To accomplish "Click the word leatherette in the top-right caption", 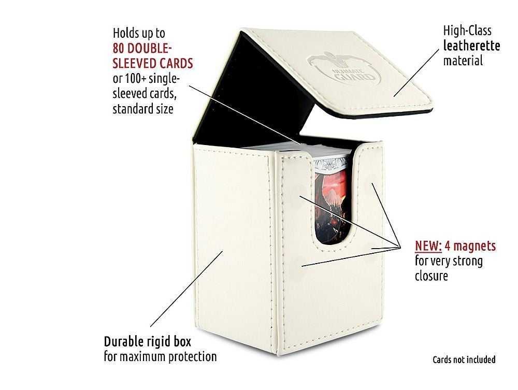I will [x=471, y=46].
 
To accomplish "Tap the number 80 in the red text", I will [x=121, y=48].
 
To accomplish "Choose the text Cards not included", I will [x=464, y=359].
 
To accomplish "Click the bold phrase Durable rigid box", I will [x=147, y=342].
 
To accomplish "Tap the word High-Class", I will [x=467, y=31].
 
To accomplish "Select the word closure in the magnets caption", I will [x=431, y=276].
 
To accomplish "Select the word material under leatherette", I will [x=463, y=61].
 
